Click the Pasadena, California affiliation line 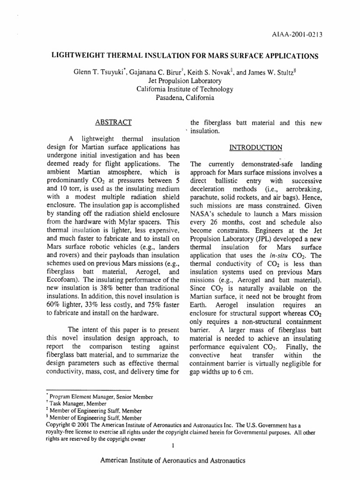click(x=180, y=98)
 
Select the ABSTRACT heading click(x=113, y=123)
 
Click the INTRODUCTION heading click(x=255, y=148)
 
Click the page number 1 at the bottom click(x=173, y=445)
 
